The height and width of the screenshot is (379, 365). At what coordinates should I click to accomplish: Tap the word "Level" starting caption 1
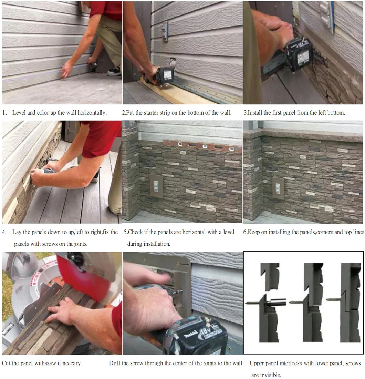pos(19,113)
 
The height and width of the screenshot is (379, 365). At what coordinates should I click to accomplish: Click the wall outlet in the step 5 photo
pos(156,186)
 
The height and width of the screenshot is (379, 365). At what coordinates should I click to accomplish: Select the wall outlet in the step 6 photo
pos(278,188)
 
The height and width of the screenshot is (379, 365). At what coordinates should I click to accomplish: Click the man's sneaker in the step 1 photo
pos(114,71)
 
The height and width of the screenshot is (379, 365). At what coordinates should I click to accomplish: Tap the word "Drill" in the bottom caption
pos(115,363)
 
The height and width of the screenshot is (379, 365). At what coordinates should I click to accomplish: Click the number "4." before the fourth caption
pos(4,232)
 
